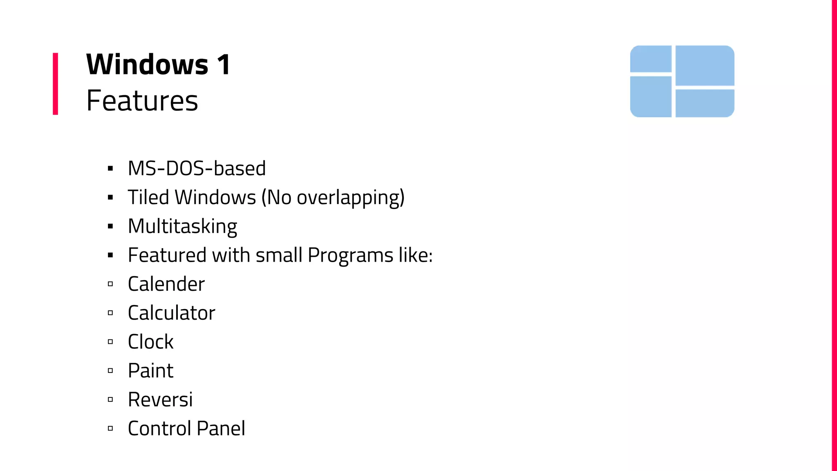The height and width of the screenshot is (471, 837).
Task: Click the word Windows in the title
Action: [x=147, y=65]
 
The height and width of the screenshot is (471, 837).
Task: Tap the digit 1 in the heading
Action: [x=224, y=65]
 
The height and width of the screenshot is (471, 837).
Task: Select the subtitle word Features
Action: [x=142, y=101]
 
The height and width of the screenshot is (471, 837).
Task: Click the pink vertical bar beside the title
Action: [x=56, y=83]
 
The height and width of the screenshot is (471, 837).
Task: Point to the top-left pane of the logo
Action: [x=651, y=59]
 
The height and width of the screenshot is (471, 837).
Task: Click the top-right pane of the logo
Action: [x=705, y=65]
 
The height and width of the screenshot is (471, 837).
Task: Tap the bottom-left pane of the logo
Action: [x=651, y=96]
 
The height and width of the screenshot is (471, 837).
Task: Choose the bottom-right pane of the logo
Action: [x=705, y=103]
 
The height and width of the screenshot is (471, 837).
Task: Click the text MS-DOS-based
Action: [x=197, y=168]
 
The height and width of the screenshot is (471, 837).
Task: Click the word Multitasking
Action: [x=182, y=227]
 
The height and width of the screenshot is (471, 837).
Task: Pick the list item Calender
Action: [x=166, y=284]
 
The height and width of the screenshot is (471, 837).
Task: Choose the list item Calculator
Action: [x=171, y=313]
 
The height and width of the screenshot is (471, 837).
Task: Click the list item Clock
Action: [x=150, y=342]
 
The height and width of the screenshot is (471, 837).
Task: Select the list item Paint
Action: [x=150, y=371]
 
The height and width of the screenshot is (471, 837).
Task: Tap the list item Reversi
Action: [x=160, y=400]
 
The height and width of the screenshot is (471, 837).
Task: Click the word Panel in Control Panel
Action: [x=221, y=428]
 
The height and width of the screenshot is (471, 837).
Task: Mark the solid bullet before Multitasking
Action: [x=110, y=227]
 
